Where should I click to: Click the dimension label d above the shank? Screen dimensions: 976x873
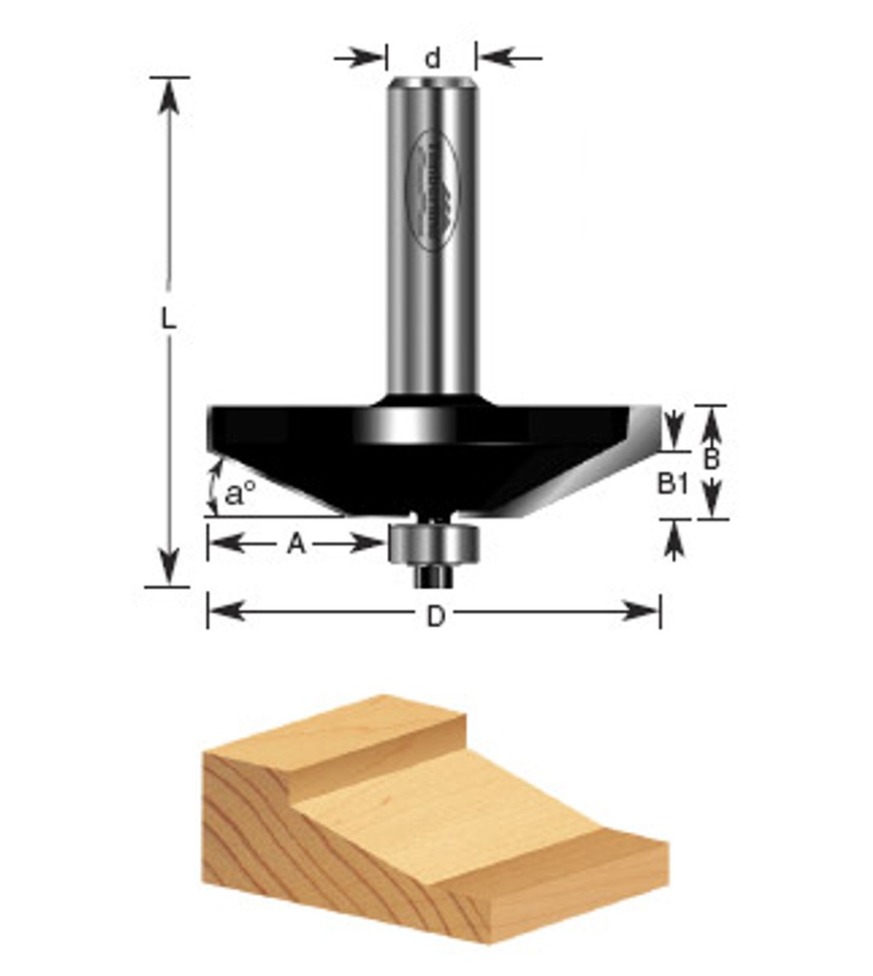tap(433, 58)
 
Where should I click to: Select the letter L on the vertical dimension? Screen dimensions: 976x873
tap(169, 319)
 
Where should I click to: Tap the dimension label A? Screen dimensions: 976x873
tap(296, 544)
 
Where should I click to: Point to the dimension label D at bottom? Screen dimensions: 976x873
tap(435, 617)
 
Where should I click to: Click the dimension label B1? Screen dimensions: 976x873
tap(672, 484)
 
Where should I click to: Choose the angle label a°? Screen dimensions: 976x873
tap(240, 493)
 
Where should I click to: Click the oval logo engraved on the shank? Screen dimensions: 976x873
tap(433, 191)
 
